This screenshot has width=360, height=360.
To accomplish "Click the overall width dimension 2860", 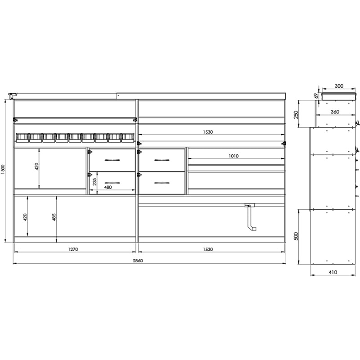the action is click(x=138, y=261).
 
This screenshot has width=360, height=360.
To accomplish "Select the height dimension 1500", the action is click(x=3, y=170).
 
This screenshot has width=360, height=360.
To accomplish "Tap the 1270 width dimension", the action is click(x=73, y=249).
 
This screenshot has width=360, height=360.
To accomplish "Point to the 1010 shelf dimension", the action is click(x=234, y=156).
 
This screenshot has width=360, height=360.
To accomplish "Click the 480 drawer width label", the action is click(x=108, y=187).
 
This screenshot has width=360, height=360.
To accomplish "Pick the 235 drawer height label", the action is click(x=94, y=182).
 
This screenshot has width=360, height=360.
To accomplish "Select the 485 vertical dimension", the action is click(x=54, y=217).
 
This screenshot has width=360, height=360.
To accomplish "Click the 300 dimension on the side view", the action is click(x=339, y=86).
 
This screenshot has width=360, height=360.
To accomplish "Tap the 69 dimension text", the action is click(x=316, y=95).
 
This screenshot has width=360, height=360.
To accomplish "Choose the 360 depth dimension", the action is click(x=335, y=112).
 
